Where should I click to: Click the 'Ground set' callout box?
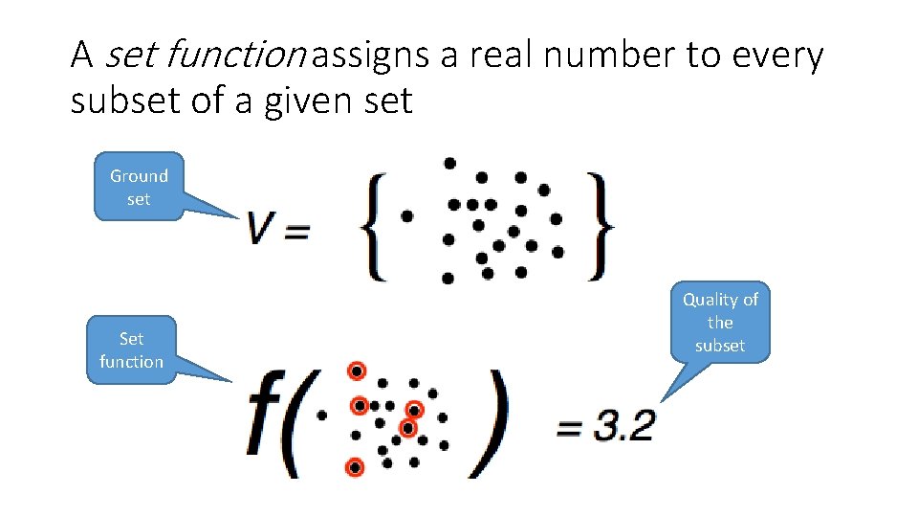pos(139,188)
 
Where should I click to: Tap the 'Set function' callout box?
pos(131,349)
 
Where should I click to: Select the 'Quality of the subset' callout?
pos(720,323)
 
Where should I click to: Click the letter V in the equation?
pos(261,229)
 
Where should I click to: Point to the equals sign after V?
pos(296,232)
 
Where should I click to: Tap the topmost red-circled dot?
pos(357,371)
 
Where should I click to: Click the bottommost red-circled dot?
pos(355,467)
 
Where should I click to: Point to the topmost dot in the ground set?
pos(449,163)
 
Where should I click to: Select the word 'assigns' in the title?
pos(369,56)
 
